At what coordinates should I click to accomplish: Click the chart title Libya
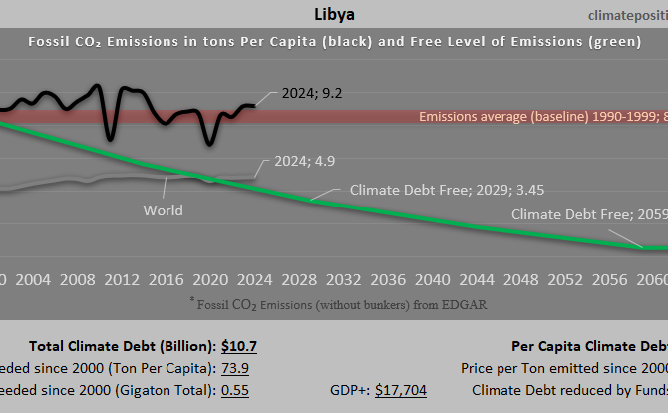click(x=333, y=16)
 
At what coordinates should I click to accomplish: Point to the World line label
click(x=163, y=210)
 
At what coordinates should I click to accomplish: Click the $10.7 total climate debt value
click(x=239, y=346)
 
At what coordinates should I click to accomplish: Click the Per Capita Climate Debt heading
click(x=588, y=346)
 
